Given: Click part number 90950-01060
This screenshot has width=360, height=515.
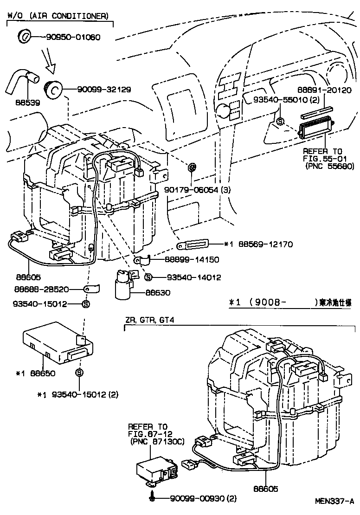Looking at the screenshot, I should [73, 37].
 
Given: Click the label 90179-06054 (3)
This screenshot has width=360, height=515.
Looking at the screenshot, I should [197, 190].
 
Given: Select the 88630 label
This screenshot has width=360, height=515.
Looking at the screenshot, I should [158, 293].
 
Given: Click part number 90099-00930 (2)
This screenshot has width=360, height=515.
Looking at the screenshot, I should [203, 499].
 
